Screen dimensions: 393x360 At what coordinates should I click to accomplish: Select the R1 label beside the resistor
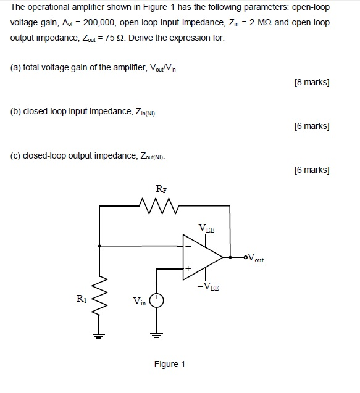point(82,301)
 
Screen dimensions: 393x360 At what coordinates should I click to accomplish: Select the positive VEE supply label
point(206,228)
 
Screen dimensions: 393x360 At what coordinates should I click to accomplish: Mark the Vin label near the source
point(140,302)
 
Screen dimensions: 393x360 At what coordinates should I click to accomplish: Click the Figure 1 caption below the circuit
point(170,364)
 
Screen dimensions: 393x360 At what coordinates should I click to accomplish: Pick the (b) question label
point(17,112)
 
